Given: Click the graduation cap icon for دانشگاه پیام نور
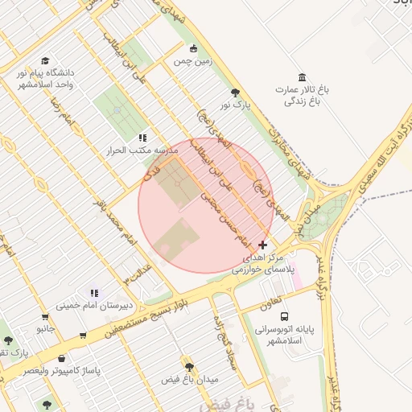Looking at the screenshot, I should click(45, 61).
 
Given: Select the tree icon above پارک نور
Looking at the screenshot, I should click(235, 93).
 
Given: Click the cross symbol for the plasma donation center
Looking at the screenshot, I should click(263, 244).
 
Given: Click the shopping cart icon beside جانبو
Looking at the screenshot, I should click(83, 335).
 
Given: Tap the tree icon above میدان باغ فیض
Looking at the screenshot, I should click(189, 367).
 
